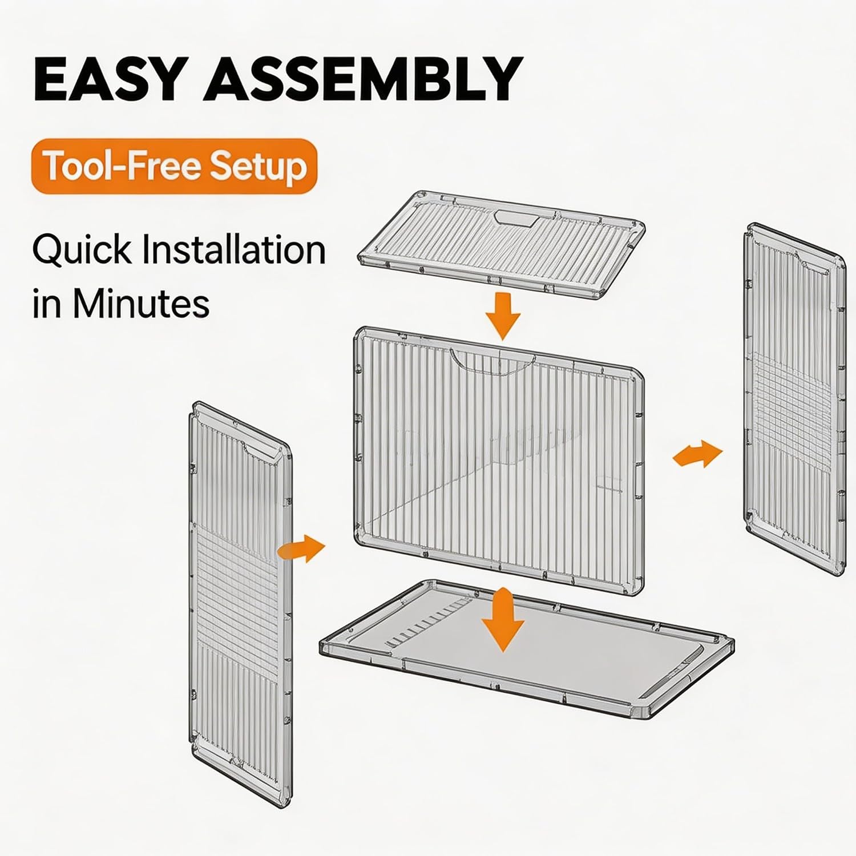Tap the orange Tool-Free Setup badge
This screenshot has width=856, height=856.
[x=174, y=166]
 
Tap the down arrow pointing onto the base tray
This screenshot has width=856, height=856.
[x=502, y=620]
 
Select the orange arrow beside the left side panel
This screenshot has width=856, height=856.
[x=302, y=549]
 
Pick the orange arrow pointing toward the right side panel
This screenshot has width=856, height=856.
[x=697, y=454]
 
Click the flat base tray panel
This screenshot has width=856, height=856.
[x=526, y=648]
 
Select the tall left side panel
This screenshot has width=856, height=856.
[x=240, y=603]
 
